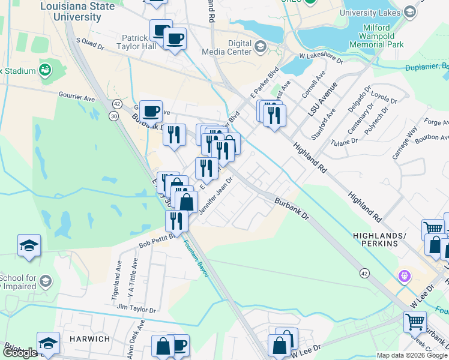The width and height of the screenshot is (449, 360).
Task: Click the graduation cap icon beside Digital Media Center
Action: pos(261,46)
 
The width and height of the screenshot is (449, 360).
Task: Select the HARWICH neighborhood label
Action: pos(89,339)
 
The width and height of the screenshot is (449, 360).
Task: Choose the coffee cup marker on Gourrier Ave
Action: pos(151,110)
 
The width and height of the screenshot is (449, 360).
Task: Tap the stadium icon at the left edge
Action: pos(44,71)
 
